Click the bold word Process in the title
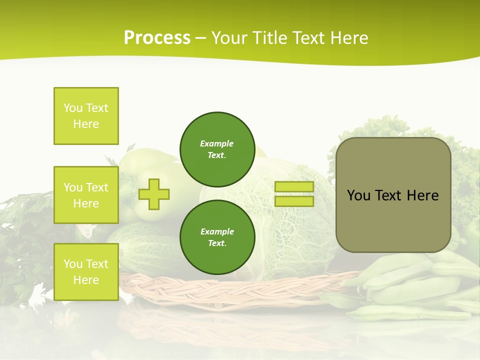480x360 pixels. click(x=157, y=38)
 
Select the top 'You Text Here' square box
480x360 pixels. click(x=86, y=116)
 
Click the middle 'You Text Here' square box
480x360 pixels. click(x=86, y=195)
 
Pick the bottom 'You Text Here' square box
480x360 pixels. click(x=86, y=271)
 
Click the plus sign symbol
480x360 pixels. click(x=154, y=194)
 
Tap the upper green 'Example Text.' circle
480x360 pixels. click(x=217, y=149)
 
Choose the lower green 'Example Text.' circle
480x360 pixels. click(x=217, y=237)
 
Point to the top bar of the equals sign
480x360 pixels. click(x=294, y=186)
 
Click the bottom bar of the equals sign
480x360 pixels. click(x=294, y=201)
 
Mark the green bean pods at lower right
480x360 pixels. click(x=415, y=290)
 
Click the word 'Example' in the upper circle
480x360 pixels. click(x=217, y=143)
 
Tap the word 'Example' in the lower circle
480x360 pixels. click(x=217, y=231)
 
